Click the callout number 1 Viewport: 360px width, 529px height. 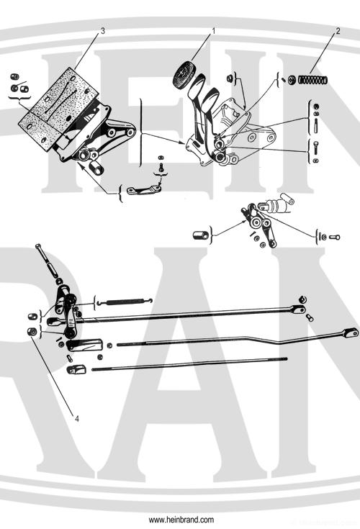click(x=214, y=31)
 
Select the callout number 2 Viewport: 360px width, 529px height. click(x=338, y=32)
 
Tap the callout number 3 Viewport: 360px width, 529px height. click(x=103, y=31)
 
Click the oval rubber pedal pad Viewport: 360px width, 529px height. click(x=186, y=73)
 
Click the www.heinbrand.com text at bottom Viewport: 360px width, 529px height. click(x=181, y=519)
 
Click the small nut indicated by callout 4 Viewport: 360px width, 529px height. click(x=32, y=331)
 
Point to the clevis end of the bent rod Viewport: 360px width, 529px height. click(x=350, y=332)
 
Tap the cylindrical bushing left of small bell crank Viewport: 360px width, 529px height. click(x=202, y=234)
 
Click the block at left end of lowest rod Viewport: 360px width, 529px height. click(x=75, y=369)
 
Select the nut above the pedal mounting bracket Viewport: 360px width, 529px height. click(x=228, y=77)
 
